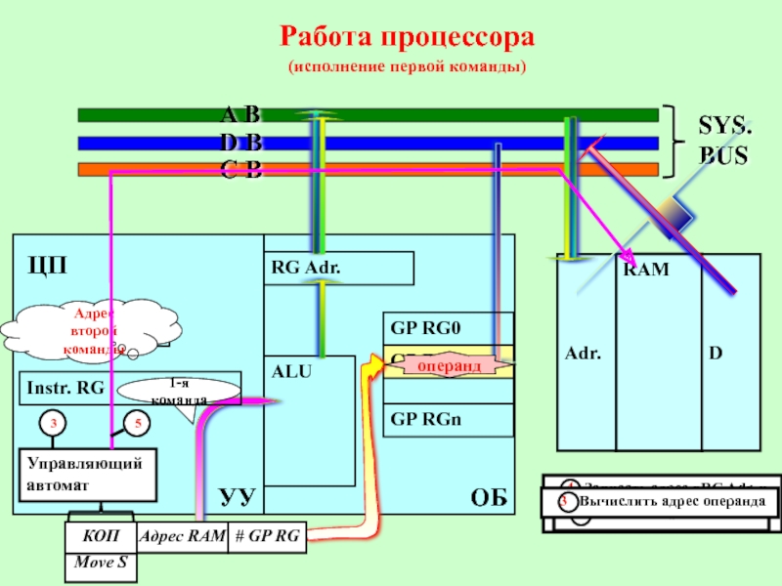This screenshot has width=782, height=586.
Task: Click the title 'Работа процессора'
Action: click(x=407, y=38)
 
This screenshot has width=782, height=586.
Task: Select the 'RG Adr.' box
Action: click(x=339, y=269)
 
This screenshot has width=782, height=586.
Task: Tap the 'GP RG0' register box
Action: click(x=448, y=328)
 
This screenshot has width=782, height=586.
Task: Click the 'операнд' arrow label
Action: click(x=450, y=364)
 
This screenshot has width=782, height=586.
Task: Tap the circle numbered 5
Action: click(x=138, y=423)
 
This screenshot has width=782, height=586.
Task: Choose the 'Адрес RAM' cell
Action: click(x=182, y=536)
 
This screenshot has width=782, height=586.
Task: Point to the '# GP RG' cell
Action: click(x=267, y=536)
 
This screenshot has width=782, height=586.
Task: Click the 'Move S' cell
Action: click(x=101, y=564)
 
